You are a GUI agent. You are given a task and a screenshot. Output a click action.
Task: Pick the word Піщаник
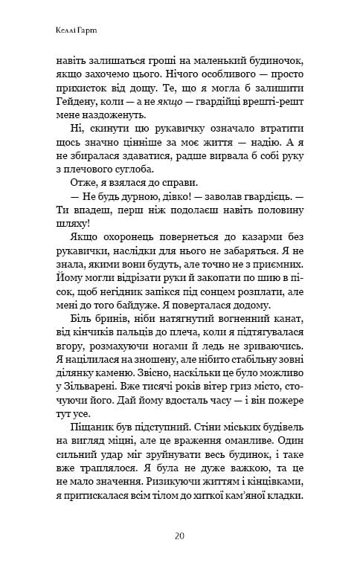[x=94, y=402]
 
